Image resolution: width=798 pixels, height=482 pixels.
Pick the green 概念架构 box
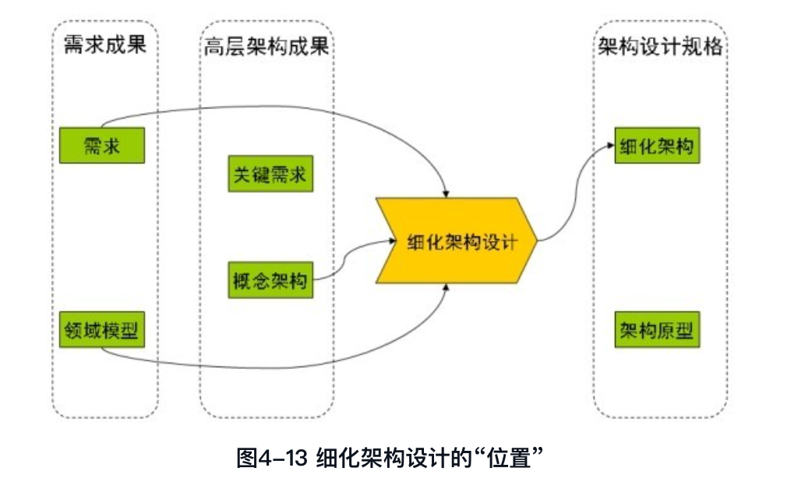[270, 279]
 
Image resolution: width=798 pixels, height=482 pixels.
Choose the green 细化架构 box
[656, 146]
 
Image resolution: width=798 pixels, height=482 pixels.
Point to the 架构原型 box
[656, 331]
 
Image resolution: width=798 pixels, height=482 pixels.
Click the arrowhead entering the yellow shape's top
[445, 192]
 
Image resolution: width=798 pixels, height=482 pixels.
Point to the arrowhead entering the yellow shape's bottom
[445, 289]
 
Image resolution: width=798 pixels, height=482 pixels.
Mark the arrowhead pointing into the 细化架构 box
[610, 146]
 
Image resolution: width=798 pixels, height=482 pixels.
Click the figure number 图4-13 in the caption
[272, 458]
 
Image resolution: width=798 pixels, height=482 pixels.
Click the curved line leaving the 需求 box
[234, 108]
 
